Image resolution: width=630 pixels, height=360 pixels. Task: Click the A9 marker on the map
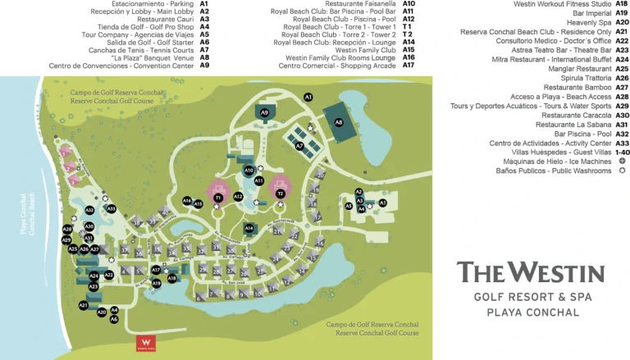coord(264,112)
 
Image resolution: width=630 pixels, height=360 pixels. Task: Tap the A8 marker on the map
coord(339,122)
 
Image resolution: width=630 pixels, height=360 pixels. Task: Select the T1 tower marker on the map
coord(218,198)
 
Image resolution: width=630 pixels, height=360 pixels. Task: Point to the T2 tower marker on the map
coord(280,194)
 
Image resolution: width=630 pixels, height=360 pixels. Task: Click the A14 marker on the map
coord(249,228)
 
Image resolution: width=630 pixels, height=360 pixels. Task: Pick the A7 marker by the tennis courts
coord(299,146)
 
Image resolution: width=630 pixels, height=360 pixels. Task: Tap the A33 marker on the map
coord(111,209)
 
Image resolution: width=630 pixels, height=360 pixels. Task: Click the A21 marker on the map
coord(83,305)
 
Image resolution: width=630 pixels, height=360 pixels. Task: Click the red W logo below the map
coord(146,344)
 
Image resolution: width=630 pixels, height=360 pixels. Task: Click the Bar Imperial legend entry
coord(589,13)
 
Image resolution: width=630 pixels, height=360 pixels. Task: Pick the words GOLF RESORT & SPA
coord(532,297)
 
